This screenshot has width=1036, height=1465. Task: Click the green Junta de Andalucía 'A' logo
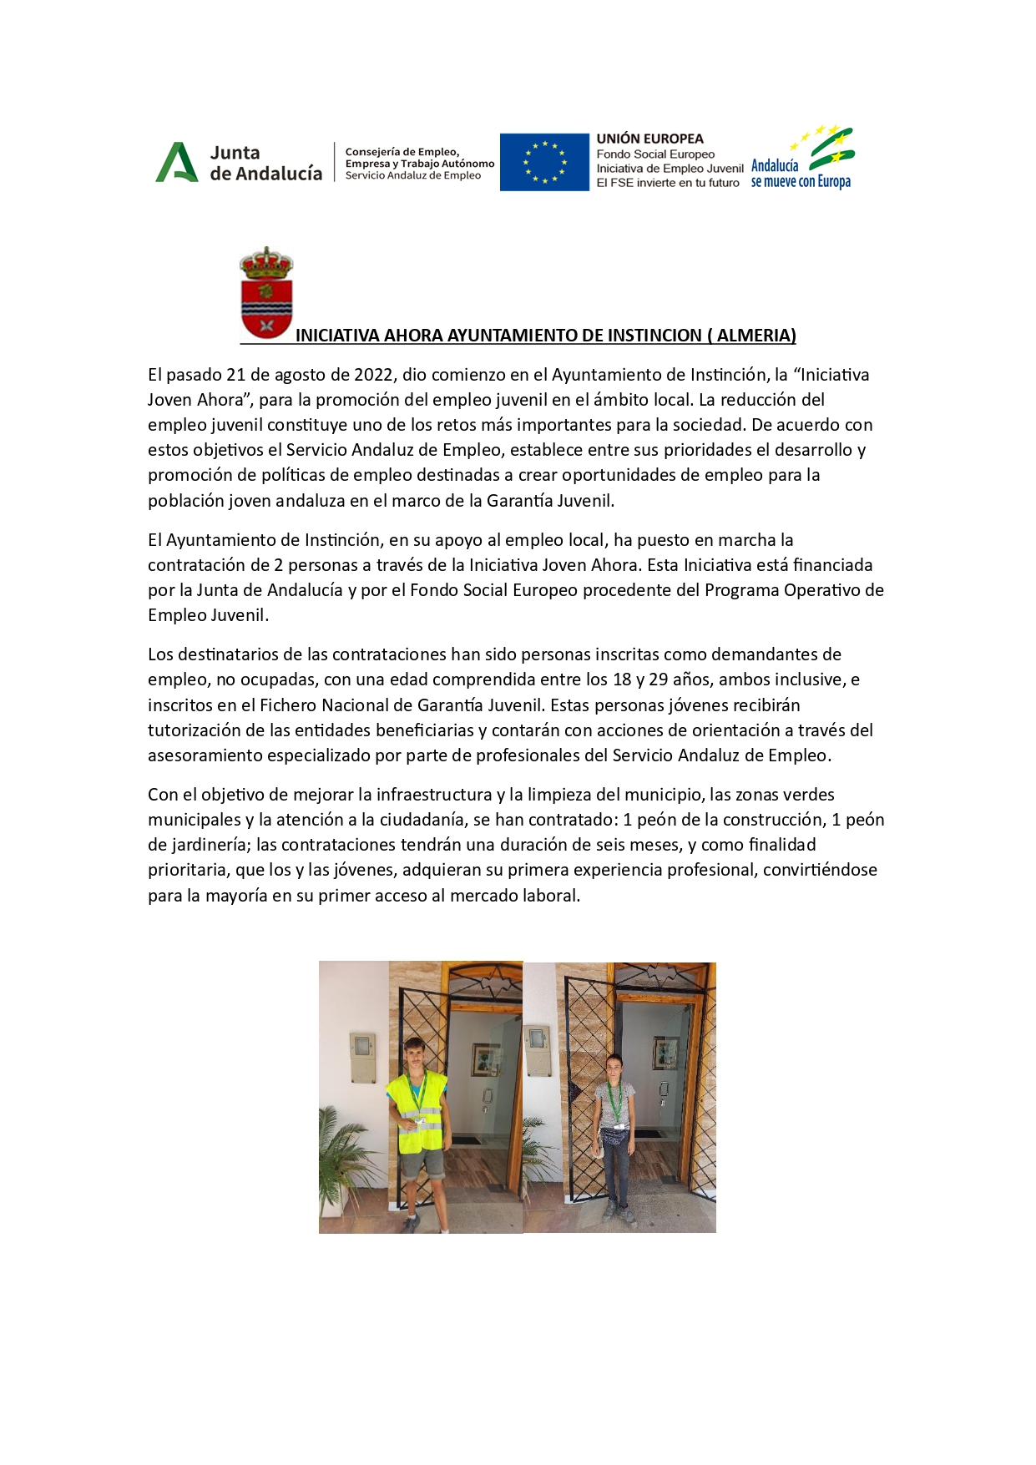click(x=176, y=162)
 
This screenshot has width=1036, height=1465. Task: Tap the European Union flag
click(x=544, y=162)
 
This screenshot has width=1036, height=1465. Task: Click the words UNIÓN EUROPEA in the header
click(x=649, y=139)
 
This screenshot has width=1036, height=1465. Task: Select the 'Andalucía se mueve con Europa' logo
click(x=803, y=159)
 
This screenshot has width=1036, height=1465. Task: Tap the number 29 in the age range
click(x=660, y=679)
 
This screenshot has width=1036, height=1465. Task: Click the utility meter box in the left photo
click(x=361, y=1057)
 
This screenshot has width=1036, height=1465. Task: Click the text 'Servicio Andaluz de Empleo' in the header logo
click(x=412, y=175)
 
